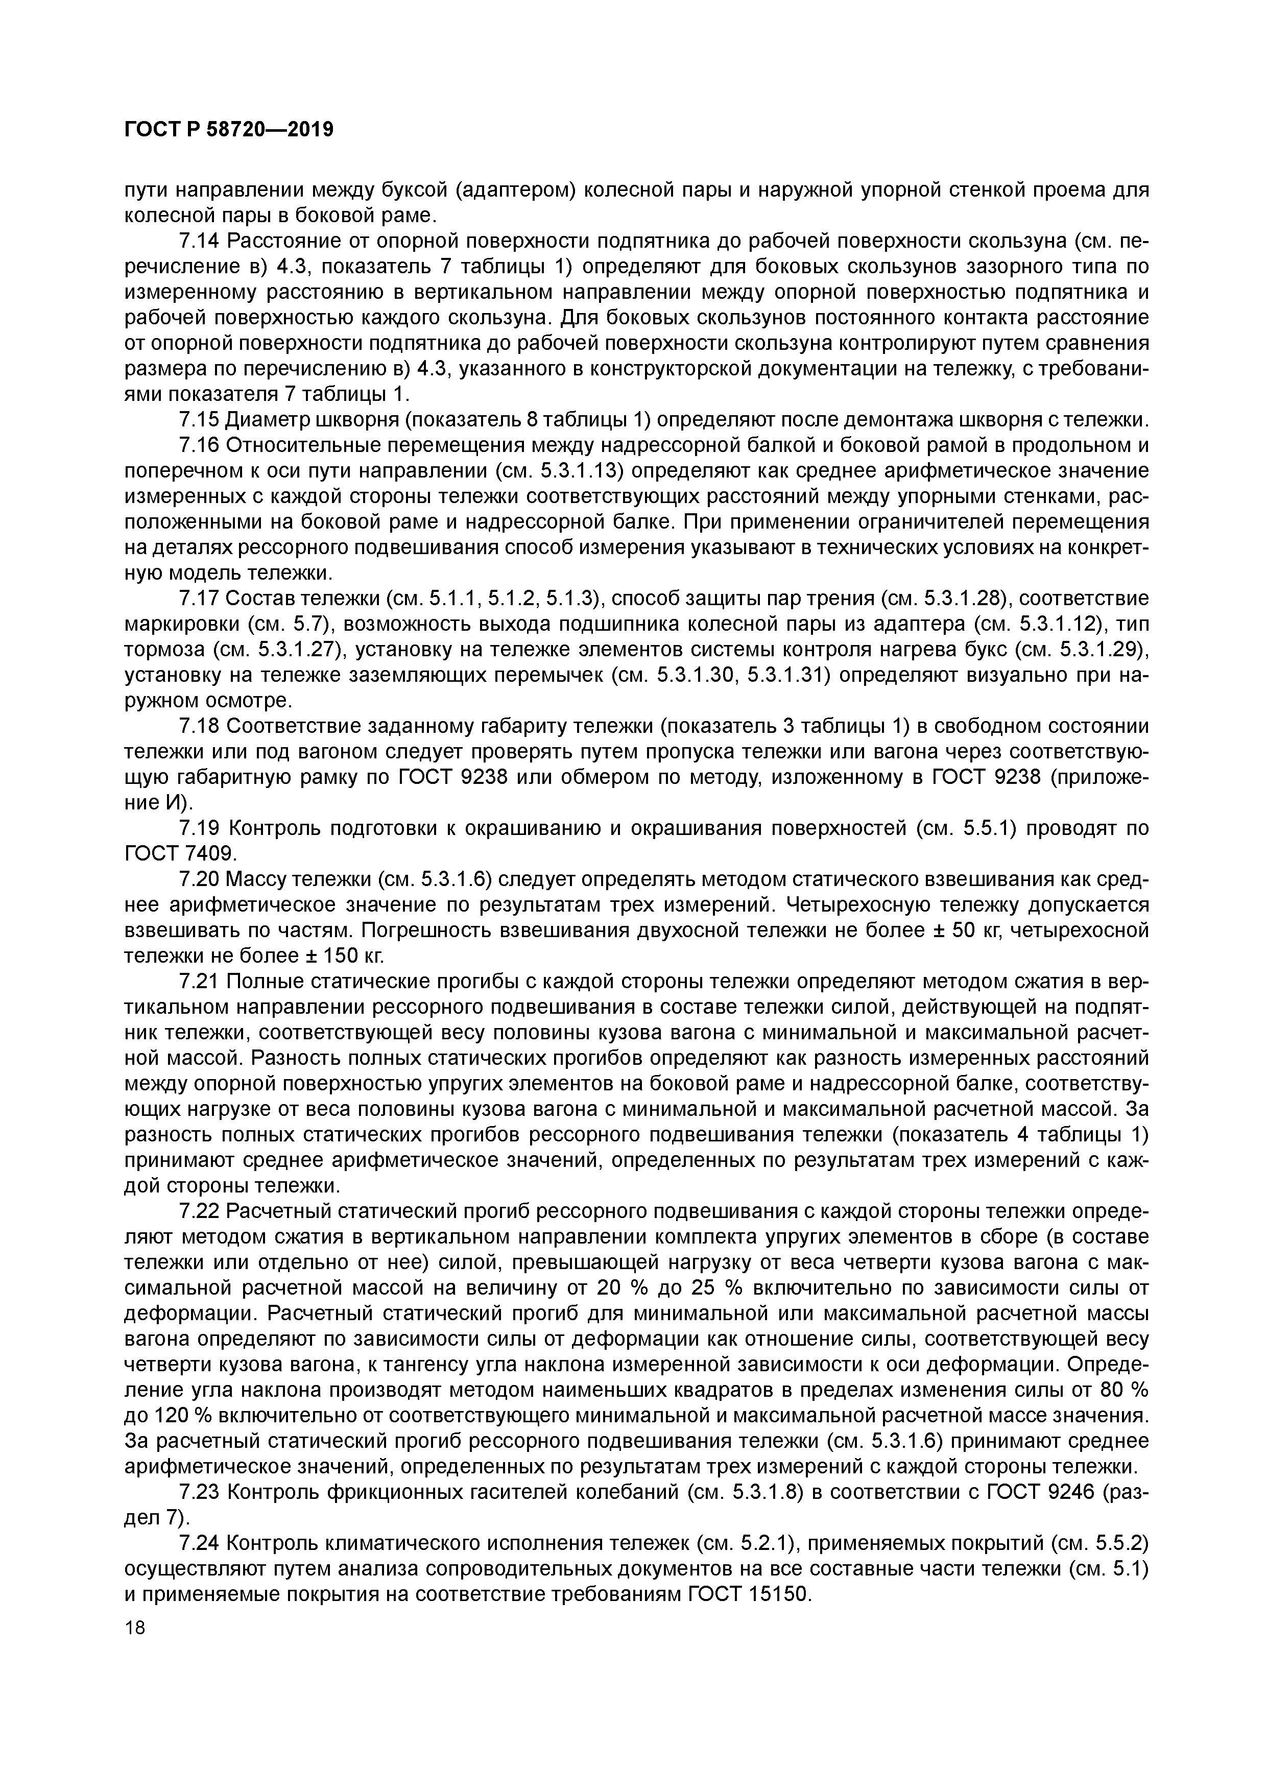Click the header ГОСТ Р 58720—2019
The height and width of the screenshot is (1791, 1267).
coord(229,130)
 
